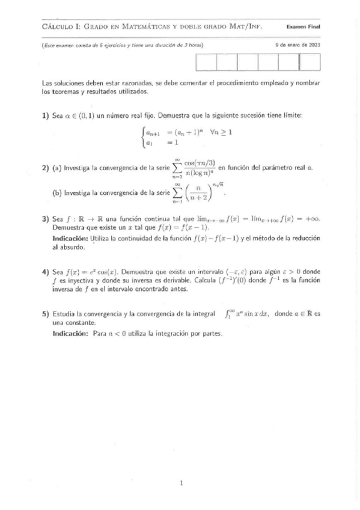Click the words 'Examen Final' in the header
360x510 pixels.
(x=303, y=26)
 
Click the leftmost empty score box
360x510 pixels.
(x=206, y=62)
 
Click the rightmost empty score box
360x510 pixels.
(x=309, y=62)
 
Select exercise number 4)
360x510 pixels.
(x=45, y=271)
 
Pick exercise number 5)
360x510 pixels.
(x=45, y=313)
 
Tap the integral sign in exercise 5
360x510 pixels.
(x=228, y=313)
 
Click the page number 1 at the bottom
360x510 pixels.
(x=180, y=483)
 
